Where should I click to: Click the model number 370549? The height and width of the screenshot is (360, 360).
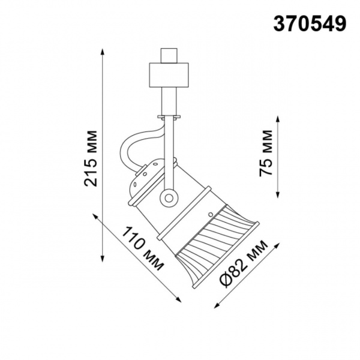[310, 23]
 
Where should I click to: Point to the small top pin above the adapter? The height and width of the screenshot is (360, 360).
[170, 54]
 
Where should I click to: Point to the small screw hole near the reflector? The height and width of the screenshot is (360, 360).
[210, 213]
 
